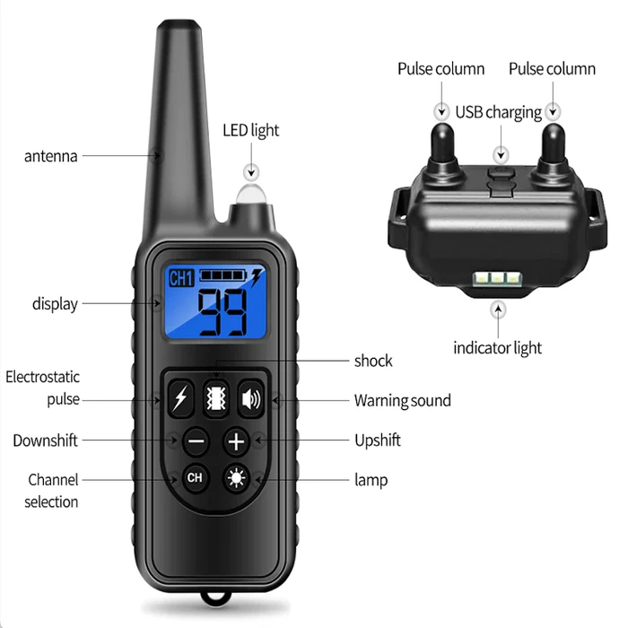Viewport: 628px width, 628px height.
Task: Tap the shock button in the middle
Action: pos(216,398)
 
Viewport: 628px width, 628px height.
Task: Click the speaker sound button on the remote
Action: pos(250,398)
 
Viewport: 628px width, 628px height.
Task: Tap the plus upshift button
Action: pos(235,440)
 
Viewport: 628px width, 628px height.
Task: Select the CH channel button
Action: pos(195,478)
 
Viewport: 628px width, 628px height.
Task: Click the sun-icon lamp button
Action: pos(236,478)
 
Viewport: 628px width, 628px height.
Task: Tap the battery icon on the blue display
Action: pos(224,275)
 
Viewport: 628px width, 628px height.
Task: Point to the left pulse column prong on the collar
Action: pos(441,148)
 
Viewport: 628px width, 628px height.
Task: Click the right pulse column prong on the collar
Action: pos(554,148)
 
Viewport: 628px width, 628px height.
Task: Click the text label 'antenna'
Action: pos(50,156)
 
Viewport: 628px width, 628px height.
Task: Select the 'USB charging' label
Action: pos(498,112)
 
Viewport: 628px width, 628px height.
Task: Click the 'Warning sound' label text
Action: pos(402,400)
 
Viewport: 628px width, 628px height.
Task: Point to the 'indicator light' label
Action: pos(496,347)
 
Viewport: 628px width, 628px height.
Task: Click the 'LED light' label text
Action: pos(250,130)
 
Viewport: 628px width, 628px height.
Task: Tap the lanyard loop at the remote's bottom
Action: pos(214,597)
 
